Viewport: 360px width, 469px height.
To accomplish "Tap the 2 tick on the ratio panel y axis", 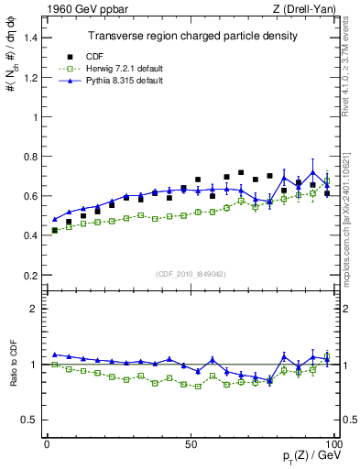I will (x=35, y=309).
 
